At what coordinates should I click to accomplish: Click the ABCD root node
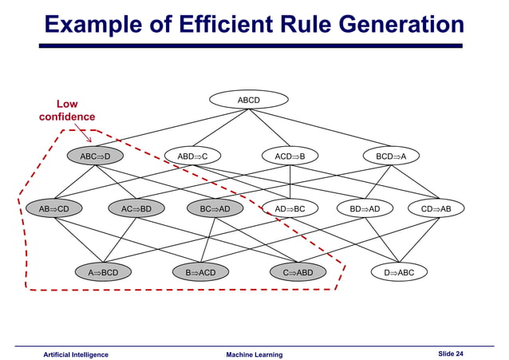point(249,101)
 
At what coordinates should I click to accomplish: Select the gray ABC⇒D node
point(95,156)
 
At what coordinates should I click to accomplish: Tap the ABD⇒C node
point(192,156)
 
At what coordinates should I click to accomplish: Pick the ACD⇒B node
point(290,156)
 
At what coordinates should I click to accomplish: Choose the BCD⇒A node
point(391,156)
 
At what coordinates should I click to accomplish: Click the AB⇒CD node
point(54,209)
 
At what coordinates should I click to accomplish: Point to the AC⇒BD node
point(136,209)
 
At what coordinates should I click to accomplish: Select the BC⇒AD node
point(215,209)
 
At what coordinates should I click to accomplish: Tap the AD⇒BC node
point(290,209)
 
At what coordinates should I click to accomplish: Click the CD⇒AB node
point(436,209)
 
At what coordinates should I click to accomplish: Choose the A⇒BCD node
point(103,272)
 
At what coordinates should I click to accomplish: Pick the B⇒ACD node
point(201,272)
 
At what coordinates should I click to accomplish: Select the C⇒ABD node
point(298,272)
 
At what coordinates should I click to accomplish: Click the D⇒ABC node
point(399,272)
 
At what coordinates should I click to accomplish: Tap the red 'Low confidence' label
point(67,111)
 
